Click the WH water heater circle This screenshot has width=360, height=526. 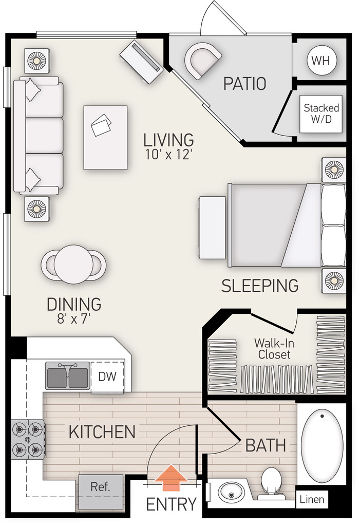point(321,61)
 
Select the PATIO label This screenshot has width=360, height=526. point(244,84)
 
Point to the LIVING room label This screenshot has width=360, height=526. point(169,140)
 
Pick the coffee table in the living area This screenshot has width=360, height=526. point(105,138)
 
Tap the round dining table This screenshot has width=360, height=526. point(73,264)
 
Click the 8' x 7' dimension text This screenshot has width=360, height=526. point(74,318)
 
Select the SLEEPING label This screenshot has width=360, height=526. point(260,286)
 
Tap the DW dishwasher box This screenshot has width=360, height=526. point(107,376)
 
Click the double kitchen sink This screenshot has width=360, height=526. point(68,375)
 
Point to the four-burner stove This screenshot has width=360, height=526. point(28,440)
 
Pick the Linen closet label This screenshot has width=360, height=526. point(312,499)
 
